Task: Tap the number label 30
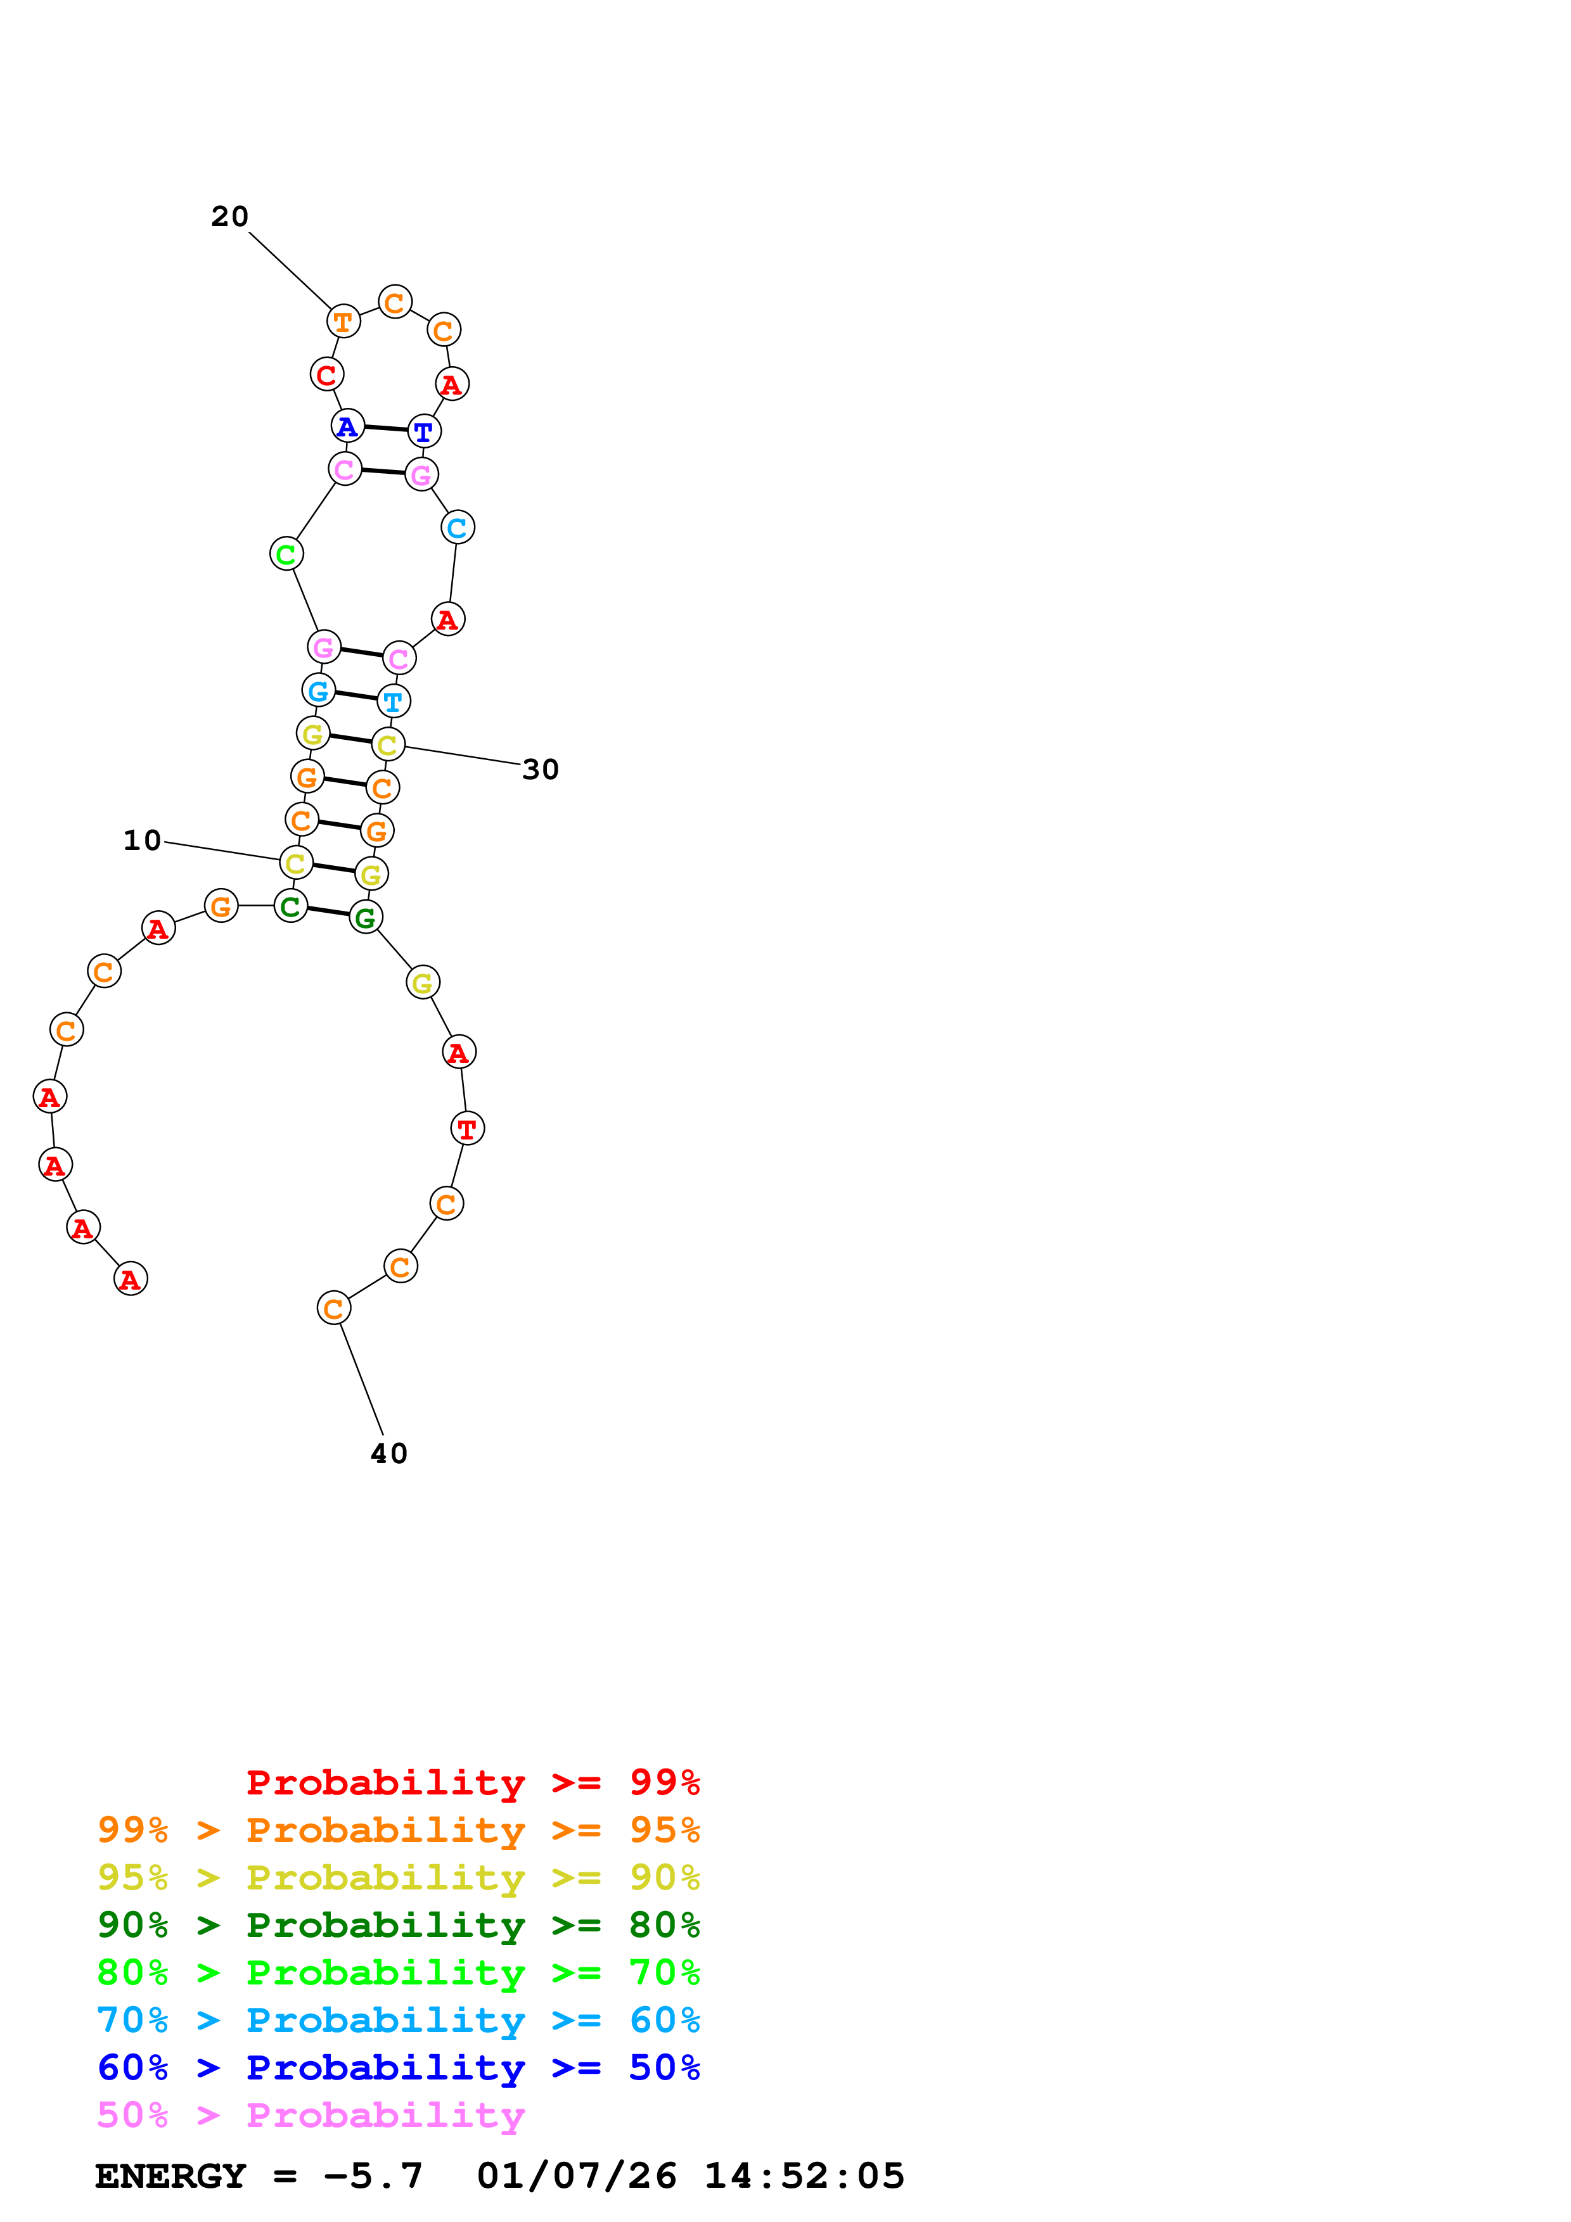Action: click(540, 770)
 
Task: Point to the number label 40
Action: click(389, 1454)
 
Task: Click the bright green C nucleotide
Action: click(286, 554)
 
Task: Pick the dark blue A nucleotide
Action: click(347, 426)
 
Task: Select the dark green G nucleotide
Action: click(366, 917)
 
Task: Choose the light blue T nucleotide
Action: click(393, 701)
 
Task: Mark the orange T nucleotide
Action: click(343, 321)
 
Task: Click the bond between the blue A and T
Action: click(385, 429)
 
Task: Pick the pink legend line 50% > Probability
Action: click(311, 2116)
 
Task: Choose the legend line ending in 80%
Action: click(398, 1926)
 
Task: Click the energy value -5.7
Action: click(374, 2176)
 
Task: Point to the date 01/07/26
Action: click(577, 2176)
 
